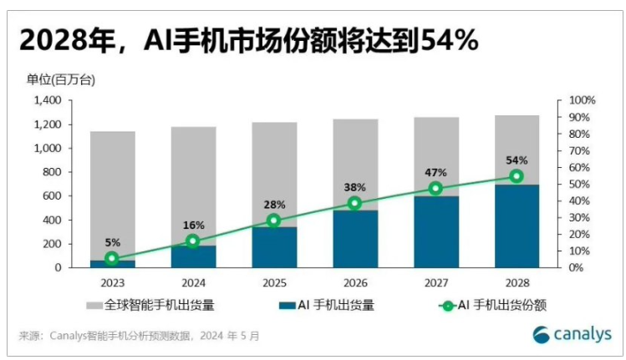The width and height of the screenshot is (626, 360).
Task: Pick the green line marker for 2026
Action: (x=355, y=203)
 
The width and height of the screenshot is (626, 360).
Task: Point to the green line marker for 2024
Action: (x=193, y=241)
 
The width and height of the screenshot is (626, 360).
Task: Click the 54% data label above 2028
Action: (x=516, y=160)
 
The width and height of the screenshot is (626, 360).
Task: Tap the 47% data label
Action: (x=435, y=172)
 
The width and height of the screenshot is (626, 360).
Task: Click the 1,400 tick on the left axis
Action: (x=48, y=100)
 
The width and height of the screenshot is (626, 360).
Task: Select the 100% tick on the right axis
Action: (x=582, y=100)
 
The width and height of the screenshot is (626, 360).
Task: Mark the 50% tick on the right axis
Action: (x=580, y=184)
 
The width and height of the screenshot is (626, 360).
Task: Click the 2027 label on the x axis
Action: (x=435, y=283)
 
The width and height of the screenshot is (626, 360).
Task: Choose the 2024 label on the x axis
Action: (x=193, y=283)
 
